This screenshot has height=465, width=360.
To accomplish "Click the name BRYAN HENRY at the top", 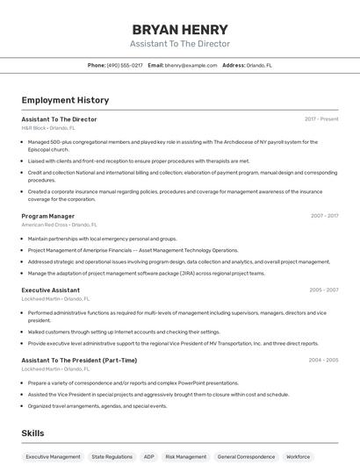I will [x=180, y=29].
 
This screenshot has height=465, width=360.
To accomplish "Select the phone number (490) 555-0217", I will [x=125, y=65].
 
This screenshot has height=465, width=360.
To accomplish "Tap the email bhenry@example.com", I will [x=191, y=65].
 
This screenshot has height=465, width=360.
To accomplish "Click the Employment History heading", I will [x=65, y=100].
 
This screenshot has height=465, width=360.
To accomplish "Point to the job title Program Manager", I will [x=48, y=216].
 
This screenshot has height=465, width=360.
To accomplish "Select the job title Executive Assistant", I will [x=51, y=290].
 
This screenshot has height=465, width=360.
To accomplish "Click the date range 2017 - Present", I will [x=321, y=119].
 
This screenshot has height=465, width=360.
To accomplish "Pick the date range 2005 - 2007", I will [x=324, y=290].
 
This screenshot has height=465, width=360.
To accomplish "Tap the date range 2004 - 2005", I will [x=323, y=360].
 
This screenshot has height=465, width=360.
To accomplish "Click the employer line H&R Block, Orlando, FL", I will [x=48, y=128].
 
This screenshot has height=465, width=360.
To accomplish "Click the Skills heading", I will [x=32, y=433].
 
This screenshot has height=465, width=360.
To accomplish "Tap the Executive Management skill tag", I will [x=53, y=457].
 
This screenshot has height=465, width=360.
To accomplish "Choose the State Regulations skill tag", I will [x=112, y=457].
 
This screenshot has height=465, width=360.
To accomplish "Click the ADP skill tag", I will [x=149, y=457].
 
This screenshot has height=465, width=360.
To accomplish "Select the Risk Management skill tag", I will [x=186, y=457].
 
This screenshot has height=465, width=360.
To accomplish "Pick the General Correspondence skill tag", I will [x=246, y=457].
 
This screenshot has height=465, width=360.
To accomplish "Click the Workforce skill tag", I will [x=299, y=457].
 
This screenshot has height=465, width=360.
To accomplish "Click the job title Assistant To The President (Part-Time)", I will [x=79, y=360].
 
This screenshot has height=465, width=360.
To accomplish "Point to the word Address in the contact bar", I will [x=234, y=65].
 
